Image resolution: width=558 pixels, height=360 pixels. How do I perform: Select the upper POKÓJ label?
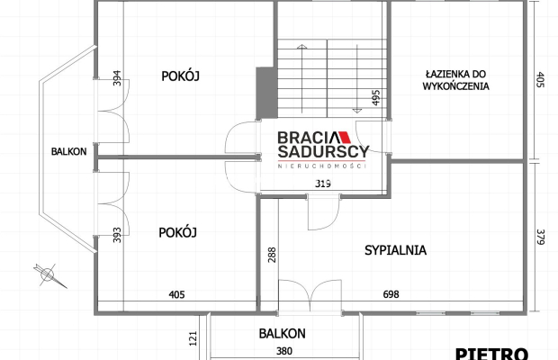point(181,76)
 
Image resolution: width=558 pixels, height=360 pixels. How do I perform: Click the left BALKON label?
point(69,151)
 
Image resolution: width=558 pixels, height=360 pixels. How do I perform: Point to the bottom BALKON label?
point(282,333)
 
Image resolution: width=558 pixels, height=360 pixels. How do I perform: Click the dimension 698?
point(391,294)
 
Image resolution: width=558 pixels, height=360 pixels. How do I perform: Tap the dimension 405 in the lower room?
point(176,294)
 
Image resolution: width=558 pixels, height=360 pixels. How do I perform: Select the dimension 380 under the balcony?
point(283,351)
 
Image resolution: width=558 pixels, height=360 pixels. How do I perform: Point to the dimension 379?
point(540,238)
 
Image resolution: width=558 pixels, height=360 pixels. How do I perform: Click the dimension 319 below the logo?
point(322,184)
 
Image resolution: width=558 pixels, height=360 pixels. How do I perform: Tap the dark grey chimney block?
point(265,92)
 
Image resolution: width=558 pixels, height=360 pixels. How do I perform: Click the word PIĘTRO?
point(490,353)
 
